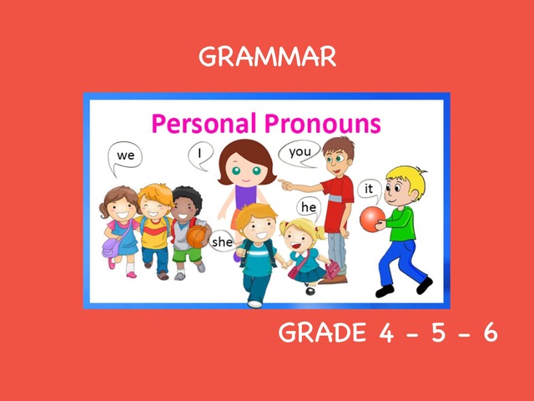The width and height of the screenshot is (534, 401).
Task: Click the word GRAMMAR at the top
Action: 267,57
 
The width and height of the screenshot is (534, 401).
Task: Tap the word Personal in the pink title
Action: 204,123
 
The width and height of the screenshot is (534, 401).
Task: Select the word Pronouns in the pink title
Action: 323,123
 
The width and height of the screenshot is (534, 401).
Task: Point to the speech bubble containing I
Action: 200,155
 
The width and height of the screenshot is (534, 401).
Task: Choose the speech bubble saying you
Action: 300,154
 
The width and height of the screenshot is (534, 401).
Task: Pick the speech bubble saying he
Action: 309,208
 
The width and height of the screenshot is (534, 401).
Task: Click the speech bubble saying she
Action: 222,241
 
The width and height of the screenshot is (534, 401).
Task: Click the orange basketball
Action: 197,236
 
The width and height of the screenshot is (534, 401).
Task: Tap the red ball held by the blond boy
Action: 372,219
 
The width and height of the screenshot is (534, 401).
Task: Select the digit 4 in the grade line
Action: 386,332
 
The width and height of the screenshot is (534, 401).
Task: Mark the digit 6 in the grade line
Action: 491,332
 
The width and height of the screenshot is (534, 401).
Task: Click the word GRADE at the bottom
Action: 322,332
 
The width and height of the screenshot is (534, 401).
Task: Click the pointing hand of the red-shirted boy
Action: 286,185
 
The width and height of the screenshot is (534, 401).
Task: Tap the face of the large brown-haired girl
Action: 246,168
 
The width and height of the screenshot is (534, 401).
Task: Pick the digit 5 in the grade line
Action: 439,332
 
